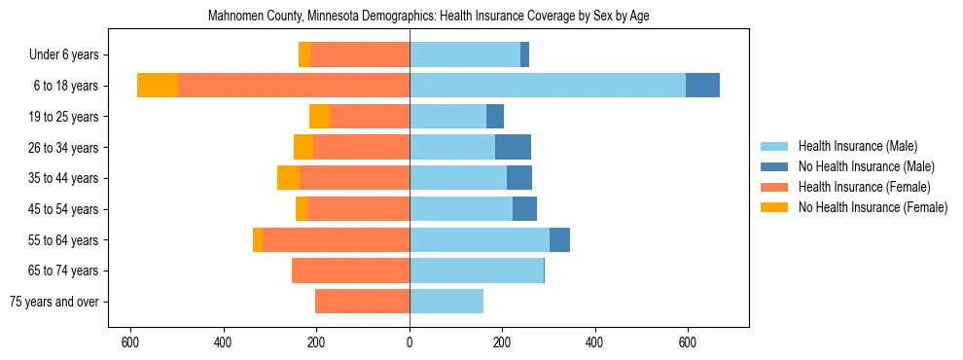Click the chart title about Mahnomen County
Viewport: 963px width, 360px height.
(429, 17)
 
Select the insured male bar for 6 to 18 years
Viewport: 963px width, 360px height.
(548, 86)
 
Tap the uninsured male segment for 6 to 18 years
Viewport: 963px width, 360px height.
(702, 86)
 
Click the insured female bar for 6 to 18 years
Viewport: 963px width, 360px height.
(294, 86)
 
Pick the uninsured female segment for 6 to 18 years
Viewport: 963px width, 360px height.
(158, 86)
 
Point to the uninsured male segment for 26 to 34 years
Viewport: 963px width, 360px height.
(513, 147)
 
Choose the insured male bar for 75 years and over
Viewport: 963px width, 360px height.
(446, 302)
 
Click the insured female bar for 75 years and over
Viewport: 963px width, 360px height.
(362, 302)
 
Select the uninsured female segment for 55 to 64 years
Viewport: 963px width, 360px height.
(258, 239)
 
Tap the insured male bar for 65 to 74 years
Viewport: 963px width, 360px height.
(477, 270)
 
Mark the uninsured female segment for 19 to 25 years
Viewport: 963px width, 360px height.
(319, 117)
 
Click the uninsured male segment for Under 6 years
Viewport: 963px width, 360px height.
(524, 54)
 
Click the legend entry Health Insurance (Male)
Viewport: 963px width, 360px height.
(857, 146)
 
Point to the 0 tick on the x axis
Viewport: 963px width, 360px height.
(410, 342)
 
